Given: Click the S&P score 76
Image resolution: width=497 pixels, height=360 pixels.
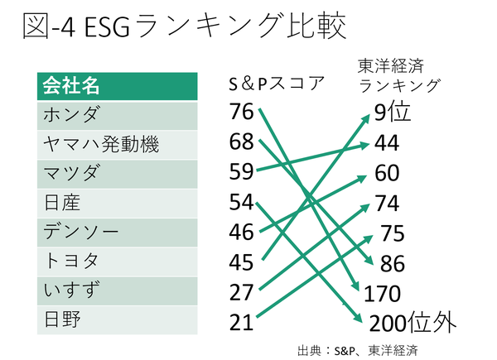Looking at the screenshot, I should [x=241, y=111].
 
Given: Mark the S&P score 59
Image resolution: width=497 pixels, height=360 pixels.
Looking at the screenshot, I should [x=241, y=172].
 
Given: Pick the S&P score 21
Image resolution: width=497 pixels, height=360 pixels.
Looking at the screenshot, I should [x=241, y=322].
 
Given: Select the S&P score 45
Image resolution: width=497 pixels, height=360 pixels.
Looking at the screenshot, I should [x=241, y=262].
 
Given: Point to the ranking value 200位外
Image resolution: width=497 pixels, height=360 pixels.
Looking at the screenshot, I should [x=413, y=323].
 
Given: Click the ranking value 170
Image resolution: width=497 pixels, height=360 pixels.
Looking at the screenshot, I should [x=382, y=293].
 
